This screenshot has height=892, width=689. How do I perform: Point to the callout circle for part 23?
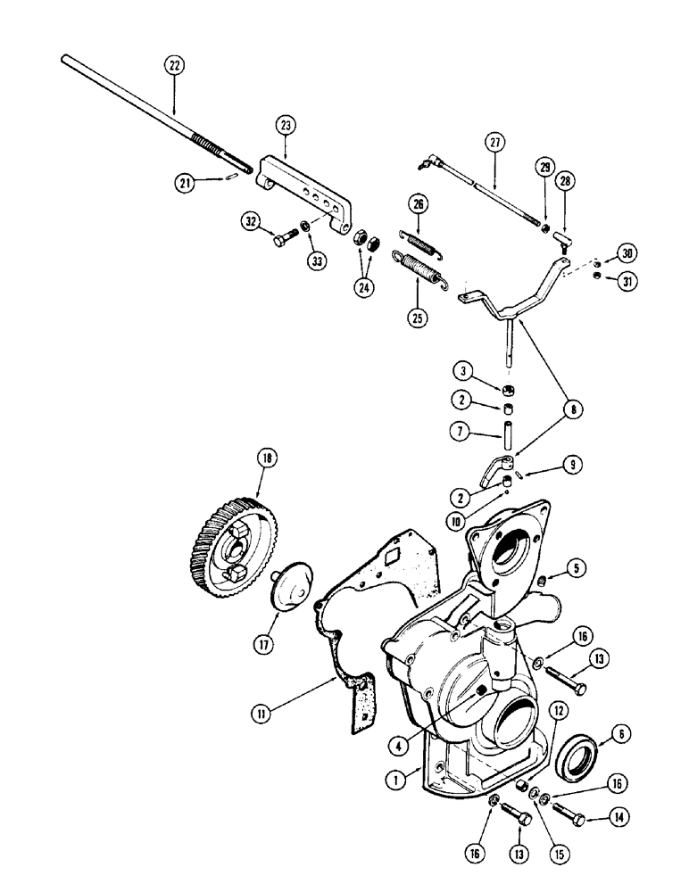click(285, 126)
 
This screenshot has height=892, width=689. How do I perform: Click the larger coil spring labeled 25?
click(419, 269)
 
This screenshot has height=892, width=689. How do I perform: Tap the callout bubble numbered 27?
click(494, 142)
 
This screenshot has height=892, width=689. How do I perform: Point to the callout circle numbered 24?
click(364, 287)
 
